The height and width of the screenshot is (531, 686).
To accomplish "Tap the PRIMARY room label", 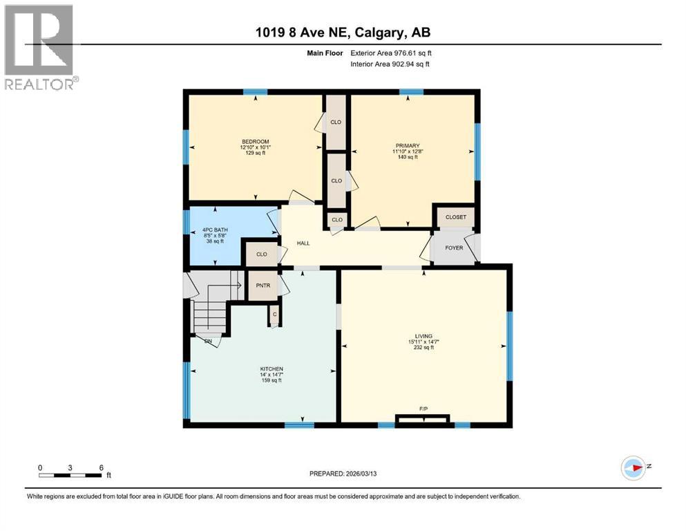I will pyautogui.click(x=407, y=145).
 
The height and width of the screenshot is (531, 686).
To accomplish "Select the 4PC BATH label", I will pyautogui.click(x=215, y=230).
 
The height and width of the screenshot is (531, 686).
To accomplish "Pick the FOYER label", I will pyautogui.click(x=454, y=248).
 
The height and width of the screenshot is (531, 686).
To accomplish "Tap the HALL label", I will pyautogui.click(x=303, y=243).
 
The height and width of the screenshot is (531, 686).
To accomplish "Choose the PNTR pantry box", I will pyautogui.click(x=262, y=285).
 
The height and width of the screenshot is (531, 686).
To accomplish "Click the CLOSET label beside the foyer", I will pyautogui.click(x=456, y=217).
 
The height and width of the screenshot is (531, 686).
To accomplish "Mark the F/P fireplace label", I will pyautogui.click(x=423, y=409).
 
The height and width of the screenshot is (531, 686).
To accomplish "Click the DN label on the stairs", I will pyautogui.click(x=207, y=341).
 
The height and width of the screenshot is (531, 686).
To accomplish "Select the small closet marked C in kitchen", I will pyautogui.click(x=274, y=315).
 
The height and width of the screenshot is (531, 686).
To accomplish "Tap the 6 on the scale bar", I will pyautogui.click(x=102, y=467).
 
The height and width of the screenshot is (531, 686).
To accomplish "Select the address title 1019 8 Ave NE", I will pyautogui.click(x=342, y=32).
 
